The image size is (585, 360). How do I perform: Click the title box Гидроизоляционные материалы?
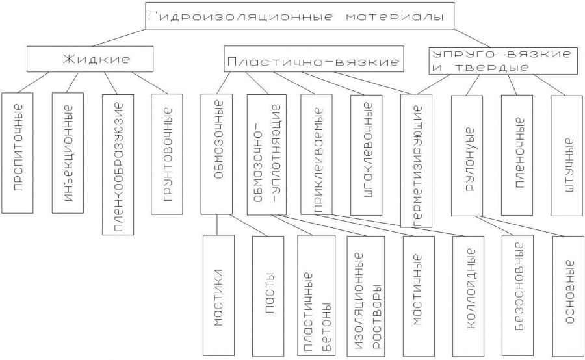click(300, 16)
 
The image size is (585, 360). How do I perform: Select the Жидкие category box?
click(90, 59)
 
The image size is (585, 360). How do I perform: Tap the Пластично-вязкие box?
click(314, 58)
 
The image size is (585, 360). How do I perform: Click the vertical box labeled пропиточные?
click(17, 153)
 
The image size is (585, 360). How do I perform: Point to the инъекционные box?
click(68, 153)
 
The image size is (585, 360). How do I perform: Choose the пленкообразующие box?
click(118, 164)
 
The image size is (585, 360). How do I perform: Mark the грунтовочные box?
click(167, 154)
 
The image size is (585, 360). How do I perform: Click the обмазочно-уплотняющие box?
click(266, 155)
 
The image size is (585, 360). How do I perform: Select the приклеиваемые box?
click(317, 155)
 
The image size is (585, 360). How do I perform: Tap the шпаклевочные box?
click(367, 155)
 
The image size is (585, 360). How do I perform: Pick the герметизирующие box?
click(417, 161)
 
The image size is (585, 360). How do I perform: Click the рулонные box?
click(467, 156)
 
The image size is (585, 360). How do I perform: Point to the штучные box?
click(567, 155)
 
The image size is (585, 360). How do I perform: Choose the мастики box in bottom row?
click(218, 295)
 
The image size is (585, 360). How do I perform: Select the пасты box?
click(268, 296)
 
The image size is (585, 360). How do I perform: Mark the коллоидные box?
click(468, 296)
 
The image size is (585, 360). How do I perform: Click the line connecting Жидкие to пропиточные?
click(33, 83)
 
